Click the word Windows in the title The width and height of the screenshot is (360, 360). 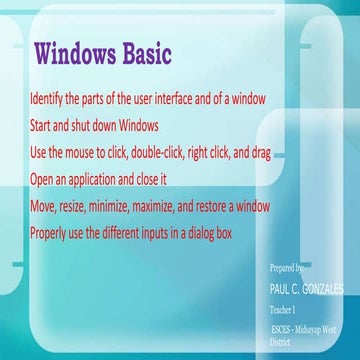coord(79,52)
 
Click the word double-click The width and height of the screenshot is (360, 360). coord(165,154)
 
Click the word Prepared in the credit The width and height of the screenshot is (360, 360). coord(287,269)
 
